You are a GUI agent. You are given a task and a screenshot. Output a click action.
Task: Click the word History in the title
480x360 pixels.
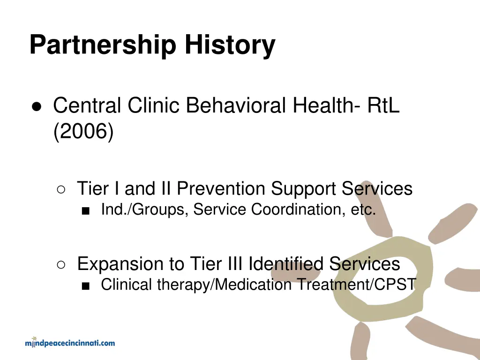(x=230, y=45)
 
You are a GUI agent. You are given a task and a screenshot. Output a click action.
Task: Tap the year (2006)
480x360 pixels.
(x=83, y=133)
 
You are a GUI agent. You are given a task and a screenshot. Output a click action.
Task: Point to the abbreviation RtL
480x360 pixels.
(x=383, y=105)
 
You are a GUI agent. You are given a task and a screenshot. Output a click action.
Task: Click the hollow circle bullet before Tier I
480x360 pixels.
(x=61, y=189)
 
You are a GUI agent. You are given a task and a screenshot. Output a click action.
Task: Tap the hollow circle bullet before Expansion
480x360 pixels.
(x=61, y=264)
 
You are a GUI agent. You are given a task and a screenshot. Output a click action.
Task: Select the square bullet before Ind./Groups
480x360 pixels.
(x=85, y=210)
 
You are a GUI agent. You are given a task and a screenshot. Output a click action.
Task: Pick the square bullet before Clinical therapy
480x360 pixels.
(x=85, y=285)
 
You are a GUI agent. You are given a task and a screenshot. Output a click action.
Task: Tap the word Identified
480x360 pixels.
(x=285, y=264)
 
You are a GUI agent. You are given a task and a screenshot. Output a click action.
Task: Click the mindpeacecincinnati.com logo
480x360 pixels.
(x=70, y=343)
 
